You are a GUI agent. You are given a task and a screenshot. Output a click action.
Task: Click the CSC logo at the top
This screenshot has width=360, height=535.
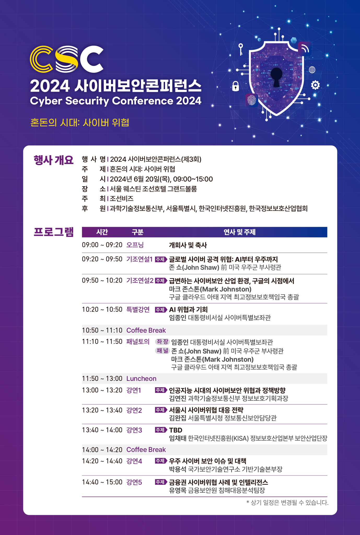coord(67,59)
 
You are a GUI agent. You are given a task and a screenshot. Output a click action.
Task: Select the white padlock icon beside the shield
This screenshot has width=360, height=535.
coord(236,86)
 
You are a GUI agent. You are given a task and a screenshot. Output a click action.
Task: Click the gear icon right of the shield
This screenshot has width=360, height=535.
coord(315,85)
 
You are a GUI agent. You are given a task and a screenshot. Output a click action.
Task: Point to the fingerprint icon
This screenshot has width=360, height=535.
coord(252,100)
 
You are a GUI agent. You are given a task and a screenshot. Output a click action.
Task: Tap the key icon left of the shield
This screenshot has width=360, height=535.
coord(241,49)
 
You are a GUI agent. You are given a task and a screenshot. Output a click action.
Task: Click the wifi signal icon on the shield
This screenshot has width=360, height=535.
coord(304,48)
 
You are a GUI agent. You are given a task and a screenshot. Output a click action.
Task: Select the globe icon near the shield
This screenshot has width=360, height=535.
coord(312,70)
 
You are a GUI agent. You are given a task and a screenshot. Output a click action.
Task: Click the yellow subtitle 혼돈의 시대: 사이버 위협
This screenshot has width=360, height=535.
coord(80,122)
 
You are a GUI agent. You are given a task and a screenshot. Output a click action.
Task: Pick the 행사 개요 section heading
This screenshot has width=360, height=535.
coord(54,160)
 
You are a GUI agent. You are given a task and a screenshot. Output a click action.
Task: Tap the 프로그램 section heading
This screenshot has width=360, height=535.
coord(54,232)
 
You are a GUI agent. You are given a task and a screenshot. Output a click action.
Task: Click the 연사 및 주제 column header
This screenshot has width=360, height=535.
coord(239,232)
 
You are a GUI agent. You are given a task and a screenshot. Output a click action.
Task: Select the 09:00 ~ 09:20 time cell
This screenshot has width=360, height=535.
coord(102,245)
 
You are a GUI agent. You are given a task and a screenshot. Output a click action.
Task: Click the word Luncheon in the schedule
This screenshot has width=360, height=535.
coord(141,379)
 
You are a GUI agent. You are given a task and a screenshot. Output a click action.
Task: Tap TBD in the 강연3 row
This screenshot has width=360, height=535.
coord(176,430)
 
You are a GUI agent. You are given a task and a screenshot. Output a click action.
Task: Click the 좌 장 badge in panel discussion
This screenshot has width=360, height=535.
coord(162,342)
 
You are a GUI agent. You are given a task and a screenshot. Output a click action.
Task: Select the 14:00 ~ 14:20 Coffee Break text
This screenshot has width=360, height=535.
coord(124,449)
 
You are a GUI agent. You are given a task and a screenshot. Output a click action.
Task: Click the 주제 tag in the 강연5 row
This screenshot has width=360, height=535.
coord(161,482)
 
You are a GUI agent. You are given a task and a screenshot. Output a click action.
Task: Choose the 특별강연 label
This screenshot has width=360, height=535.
coord(138,310)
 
